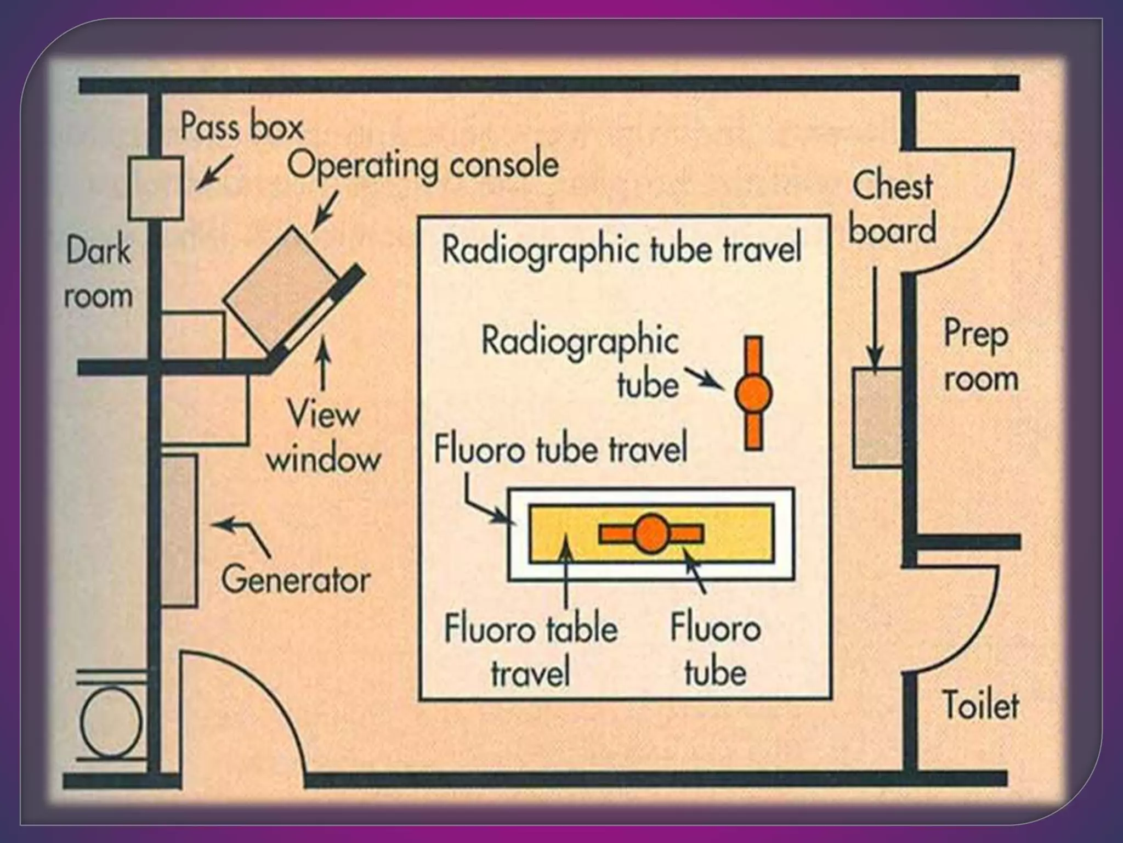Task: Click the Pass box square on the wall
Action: point(156,188)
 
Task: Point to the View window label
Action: point(323,436)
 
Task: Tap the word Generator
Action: point(296,580)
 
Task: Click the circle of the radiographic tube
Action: point(753,393)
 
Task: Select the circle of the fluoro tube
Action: point(651,533)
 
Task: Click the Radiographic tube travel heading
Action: point(622,249)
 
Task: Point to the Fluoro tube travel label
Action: point(560,449)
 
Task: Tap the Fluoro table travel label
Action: point(530,650)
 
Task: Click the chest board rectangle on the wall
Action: point(877,418)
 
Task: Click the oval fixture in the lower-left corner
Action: point(111,722)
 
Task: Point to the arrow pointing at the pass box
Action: point(214,172)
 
